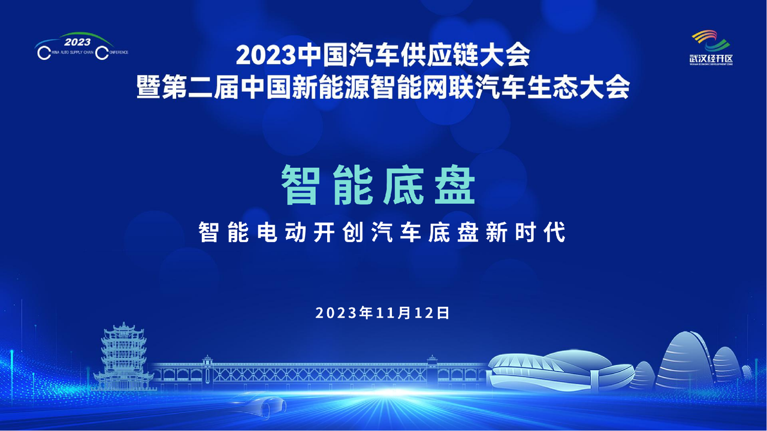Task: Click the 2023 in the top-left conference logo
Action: [x=77, y=42]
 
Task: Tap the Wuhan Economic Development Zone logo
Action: [x=711, y=47]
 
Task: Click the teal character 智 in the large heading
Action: [x=301, y=185]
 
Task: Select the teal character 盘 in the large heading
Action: [x=455, y=185]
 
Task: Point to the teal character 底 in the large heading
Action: [x=404, y=185]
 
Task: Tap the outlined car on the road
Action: [x=258, y=405]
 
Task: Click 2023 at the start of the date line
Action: [x=337, y=313]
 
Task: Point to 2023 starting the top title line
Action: [x=266, y=56]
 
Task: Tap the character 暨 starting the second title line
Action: [x=149, y=87]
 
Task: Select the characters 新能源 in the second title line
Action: [x=330, y=87]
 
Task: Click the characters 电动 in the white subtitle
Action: [x=282, y=233]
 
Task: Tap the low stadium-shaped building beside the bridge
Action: [x=558, y=371]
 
